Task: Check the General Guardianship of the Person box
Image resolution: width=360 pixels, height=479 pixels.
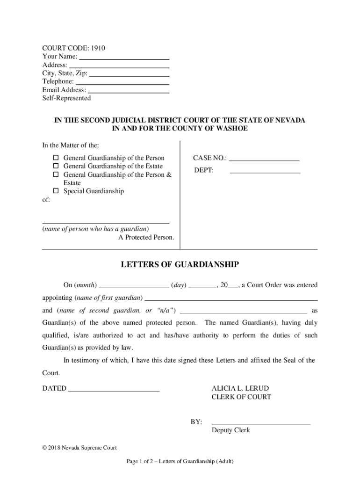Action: click(55, 158)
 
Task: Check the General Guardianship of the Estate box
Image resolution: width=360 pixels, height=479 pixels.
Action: click(55, 166)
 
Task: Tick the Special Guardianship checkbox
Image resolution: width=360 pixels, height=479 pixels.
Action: click(55, 191)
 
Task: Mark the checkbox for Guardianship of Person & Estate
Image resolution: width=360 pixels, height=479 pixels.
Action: click(55, 174)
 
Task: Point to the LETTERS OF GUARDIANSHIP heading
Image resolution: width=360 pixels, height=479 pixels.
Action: click(180, 265)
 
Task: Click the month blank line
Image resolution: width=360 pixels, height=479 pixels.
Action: click(134, 286)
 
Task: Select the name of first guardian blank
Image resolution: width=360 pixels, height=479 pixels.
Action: click(231, 298)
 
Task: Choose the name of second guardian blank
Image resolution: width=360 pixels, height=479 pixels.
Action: click(244, 312)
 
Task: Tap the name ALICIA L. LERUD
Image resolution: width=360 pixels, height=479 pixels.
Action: click(240, 388)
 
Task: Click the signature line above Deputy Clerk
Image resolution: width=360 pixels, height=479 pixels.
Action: click(261, 423)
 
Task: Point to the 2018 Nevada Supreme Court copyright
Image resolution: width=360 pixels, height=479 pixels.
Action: click(79, 448)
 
